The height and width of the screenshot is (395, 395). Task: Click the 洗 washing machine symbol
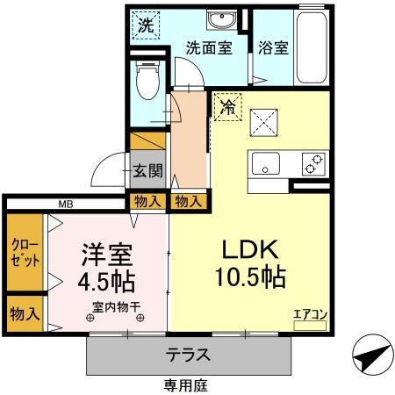tap(147, 24)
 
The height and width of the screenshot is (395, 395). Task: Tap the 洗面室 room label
tap(208, 48)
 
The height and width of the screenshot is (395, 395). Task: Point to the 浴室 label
tap(272, 48)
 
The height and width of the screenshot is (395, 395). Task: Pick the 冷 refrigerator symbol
tap(226, 108)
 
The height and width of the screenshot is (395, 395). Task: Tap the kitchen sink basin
tap(265, 163)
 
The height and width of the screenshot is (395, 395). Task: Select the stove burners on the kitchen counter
tap(312, 162)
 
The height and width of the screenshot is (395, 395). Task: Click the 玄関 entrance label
tap(147, 170)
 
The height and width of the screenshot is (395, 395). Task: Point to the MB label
tap(66, 205)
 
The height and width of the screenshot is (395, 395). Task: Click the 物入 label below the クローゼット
tap(24, 312)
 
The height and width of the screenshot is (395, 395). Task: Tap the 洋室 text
tap(106, 255)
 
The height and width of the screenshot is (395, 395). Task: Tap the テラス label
tap(189, 355)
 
